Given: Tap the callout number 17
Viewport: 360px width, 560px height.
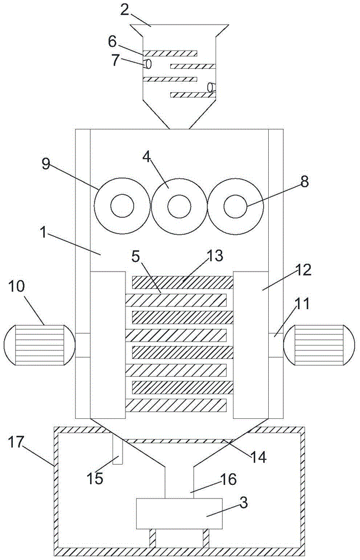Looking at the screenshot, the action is click(16, 442).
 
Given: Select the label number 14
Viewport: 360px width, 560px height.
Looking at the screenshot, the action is click(259, 457).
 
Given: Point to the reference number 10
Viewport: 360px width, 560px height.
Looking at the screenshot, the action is click(16, 286).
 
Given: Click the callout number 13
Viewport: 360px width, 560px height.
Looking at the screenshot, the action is click(214, 256).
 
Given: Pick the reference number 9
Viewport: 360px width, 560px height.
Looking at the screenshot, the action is click(47, 164).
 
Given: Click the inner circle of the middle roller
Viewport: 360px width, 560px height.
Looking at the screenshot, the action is click(179, 207).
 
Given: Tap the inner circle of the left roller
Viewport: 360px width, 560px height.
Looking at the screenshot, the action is click(122, 206).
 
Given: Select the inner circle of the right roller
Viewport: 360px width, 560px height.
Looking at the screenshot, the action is click(235, 207).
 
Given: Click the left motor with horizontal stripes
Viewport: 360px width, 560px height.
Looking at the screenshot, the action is click(39, 344).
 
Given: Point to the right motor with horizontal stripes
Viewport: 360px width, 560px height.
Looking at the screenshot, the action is click(319, 344).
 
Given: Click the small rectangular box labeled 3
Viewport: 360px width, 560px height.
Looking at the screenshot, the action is click(179, 513).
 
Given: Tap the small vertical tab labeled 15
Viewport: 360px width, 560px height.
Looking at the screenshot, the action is click(118, 449).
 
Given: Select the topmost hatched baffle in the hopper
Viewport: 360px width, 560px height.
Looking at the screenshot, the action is click(170, 53).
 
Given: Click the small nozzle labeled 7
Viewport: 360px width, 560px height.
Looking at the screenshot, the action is click(147, 64).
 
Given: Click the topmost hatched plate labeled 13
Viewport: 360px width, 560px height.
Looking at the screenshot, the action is click(183, 282).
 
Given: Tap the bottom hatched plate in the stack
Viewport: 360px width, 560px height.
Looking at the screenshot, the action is click(176, 405).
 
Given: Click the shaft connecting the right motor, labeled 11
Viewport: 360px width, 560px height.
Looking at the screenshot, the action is click(275, 345).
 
